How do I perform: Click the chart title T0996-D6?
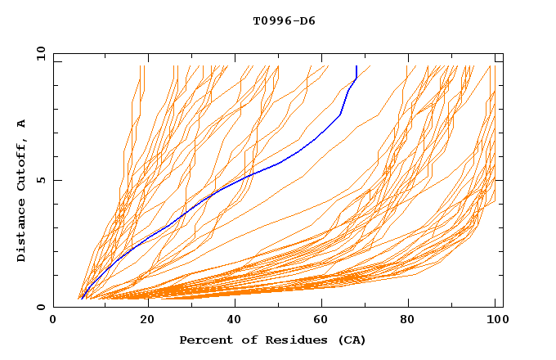[x=284, y=20]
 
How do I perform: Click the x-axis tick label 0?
[x=54, y=321]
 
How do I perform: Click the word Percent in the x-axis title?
[x=204, y=340]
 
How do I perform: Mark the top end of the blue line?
[x=356, y=66]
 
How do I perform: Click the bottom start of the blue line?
[x=82, y=299]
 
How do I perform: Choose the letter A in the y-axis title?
[x=22, y=124]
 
